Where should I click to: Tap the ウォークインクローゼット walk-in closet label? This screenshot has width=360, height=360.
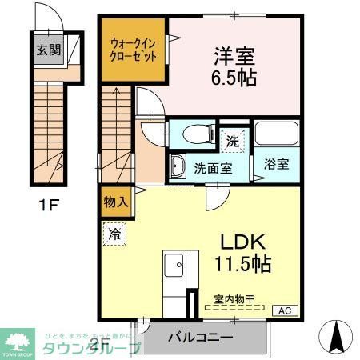134,49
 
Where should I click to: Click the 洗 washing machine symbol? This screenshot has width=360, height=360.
232,139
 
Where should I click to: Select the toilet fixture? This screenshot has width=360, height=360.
195,134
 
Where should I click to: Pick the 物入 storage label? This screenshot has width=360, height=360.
114,202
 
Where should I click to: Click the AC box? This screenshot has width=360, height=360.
283,310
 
